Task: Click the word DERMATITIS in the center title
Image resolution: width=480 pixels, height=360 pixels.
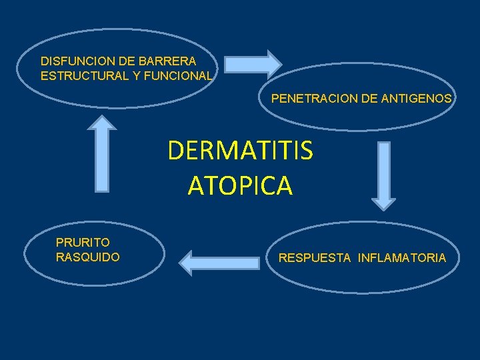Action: click(x=240, y=151)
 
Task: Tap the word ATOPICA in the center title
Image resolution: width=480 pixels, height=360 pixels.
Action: click(x=240, y=185)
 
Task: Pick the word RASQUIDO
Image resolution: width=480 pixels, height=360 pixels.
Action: click(x=88, y=257)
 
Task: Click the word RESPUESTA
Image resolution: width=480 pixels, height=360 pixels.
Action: click(x=314, y=258)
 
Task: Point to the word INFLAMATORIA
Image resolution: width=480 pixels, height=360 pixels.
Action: click(x=402, y=258)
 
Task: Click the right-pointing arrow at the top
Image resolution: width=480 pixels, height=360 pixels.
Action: click(x=253, y=63)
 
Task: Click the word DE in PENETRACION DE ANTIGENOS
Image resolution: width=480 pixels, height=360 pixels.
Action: click(x=367, y=99)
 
